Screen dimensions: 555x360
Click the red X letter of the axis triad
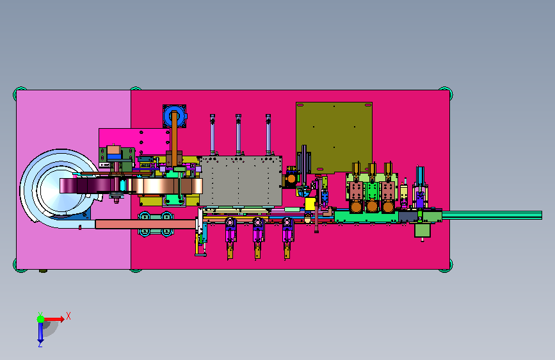68,316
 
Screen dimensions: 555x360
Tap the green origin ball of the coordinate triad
41,319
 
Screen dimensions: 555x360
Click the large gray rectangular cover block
241,181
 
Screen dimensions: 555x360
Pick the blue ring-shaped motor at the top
175,116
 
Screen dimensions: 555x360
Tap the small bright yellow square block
310,204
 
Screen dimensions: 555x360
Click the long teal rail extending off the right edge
492,215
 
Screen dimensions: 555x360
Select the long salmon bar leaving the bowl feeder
145,224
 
